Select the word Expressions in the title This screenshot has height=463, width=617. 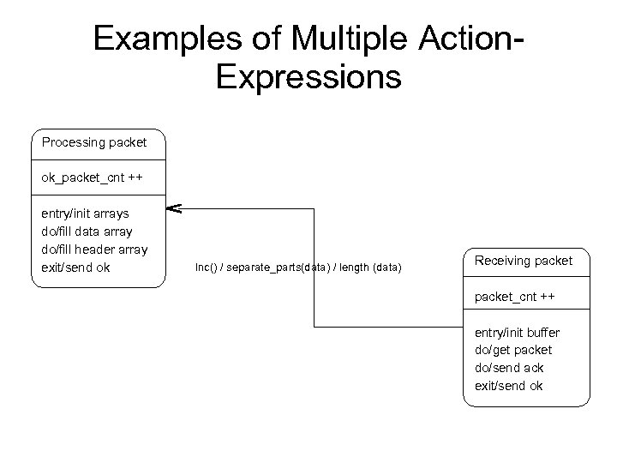pos(308,76)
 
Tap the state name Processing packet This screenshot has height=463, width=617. pos(94,141)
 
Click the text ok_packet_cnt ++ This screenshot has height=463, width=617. pos(92,178)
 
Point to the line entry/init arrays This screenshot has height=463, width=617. pos(85,213)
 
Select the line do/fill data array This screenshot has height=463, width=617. pos(87,231)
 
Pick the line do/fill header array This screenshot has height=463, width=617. pos(94,250)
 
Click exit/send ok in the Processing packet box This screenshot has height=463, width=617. pos(75,268)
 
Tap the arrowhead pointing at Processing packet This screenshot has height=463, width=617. pos(172,207)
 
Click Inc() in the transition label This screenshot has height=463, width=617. pos(207,268)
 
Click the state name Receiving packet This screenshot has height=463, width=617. pos(524,260)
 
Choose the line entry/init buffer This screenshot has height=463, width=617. pos(517,332)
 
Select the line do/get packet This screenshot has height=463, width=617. pos(512,350)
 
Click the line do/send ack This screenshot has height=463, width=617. pos(509,368)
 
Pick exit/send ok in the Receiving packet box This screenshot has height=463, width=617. pos(508,386)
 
